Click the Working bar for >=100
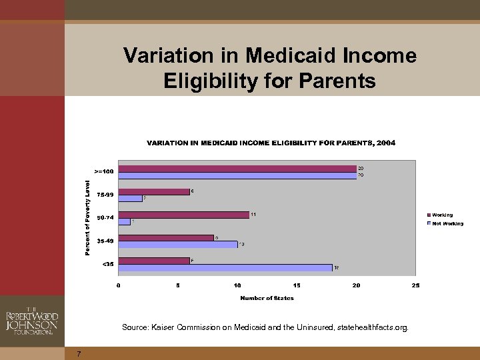tap(237, 169)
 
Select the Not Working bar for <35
tap(225, 267)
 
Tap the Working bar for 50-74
tap(183, 215)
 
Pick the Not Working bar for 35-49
tap(178, 245)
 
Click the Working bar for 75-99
tap(154, 191)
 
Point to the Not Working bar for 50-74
tap(125, 221)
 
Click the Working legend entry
tap(441, 215)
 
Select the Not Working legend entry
tap(447, 223)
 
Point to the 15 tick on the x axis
tap(297, 285)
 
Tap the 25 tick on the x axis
tap(415, 285)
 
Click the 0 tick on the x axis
tap(119, 285)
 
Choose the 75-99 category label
tap(105, 195)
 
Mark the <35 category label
tap(107, 264)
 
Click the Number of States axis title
tap(267, 298)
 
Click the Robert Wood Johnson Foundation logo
tap(31, 321)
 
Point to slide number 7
tap(78, 353)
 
